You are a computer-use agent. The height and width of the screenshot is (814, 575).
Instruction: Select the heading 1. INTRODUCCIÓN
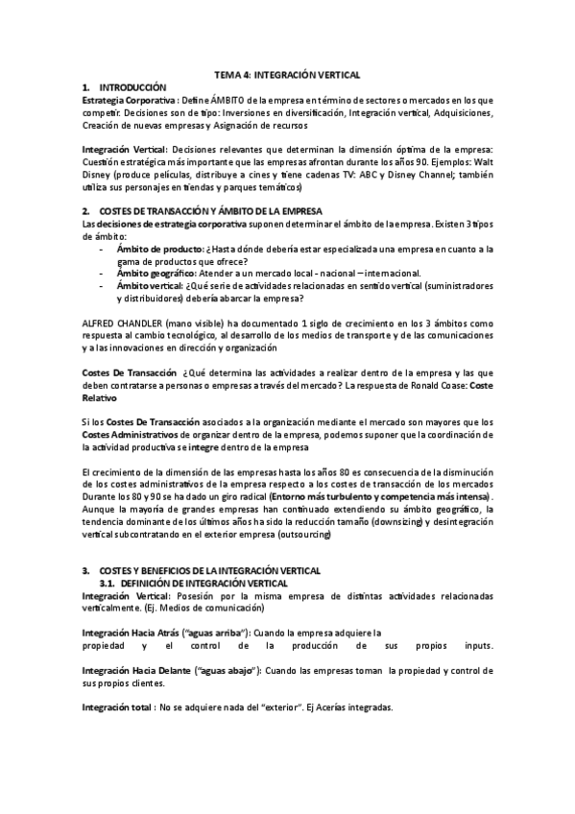click(x=124, y=87)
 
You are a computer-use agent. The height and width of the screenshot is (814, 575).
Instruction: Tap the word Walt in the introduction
click(x=482, y=162)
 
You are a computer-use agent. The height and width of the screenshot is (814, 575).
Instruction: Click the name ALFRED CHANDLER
click(x=124, y=323)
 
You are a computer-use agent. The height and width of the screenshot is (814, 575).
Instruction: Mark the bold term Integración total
click(x=117, y=708)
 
